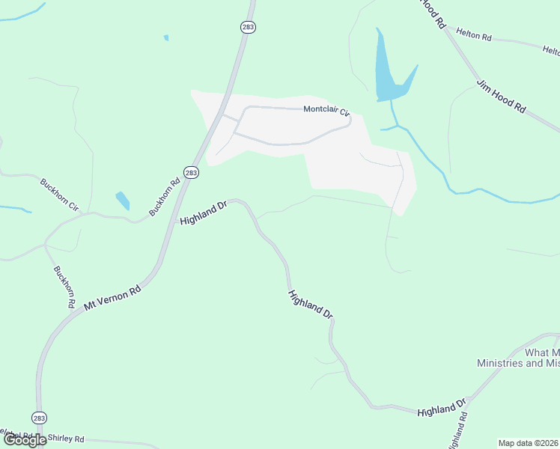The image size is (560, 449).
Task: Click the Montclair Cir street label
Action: tap(326, 111)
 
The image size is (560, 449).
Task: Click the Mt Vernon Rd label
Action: tap(112, 296)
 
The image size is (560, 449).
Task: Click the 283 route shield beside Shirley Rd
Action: tap(40, 418)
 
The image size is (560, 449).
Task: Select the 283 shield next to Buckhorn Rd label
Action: tap(191, 172)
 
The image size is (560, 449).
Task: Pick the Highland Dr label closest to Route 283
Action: tap(203, 213)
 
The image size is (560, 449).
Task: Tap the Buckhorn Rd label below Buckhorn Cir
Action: tap(64, 287)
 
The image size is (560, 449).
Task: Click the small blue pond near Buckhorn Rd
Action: tap(123, 201)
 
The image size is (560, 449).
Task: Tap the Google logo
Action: tap(25, 440)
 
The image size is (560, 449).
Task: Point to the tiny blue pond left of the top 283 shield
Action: tap(166, 37)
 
